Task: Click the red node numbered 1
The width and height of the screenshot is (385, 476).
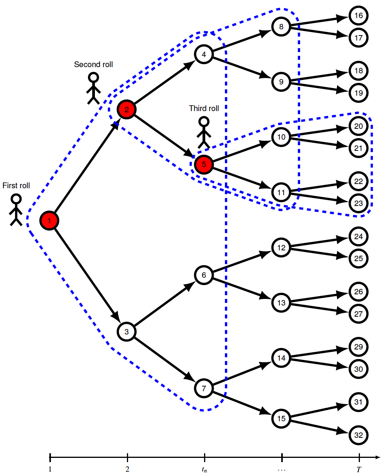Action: [x=49, y=220]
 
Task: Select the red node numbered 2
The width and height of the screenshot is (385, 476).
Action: [x=127, y=110]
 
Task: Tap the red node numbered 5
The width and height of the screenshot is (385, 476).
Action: [x=204, y=164]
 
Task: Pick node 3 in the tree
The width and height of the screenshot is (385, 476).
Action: [x=127, y=331]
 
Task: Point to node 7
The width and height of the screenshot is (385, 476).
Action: [x=204, y=388]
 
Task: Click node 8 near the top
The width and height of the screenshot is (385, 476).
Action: [x=281, y=27]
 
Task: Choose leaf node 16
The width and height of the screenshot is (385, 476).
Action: [x=358, y=16]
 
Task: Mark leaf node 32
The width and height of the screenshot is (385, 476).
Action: [x=358, y=435]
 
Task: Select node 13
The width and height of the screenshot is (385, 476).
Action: [x=281, y=302]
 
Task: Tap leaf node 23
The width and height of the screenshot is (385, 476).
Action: [x=358, y=203]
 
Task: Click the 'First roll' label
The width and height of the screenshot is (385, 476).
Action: [x=16, y=186]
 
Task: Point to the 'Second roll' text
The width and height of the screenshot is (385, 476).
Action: [x=93, y=64]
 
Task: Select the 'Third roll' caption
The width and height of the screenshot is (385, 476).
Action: [x=204, y=108]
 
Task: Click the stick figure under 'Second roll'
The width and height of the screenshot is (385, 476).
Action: [x=93, y=88]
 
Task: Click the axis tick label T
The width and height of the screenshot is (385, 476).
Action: [x=359, y=469]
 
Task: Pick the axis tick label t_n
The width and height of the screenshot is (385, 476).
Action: [x=204, y=469]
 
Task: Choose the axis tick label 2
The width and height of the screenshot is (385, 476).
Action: [x=127, y=469]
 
